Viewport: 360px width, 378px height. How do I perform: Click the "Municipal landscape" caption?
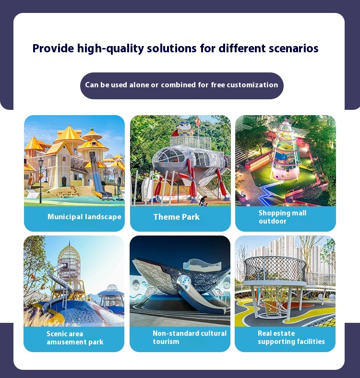84,217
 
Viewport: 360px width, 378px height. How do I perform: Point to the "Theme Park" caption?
176,217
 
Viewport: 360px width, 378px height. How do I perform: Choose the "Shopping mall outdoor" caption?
282,217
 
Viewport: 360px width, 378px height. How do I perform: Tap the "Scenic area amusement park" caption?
75,338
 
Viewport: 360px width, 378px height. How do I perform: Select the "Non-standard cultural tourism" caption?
190,337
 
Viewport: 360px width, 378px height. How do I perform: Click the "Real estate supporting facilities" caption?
291,337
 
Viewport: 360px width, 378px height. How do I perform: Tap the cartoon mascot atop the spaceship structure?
184,129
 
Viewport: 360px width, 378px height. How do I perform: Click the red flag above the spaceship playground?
198,122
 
